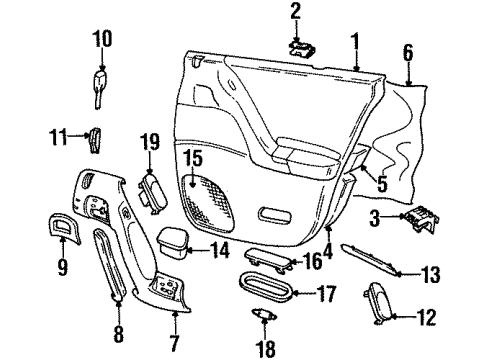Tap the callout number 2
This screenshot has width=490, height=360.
point(296,12)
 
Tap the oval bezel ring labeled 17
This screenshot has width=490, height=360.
point(266,295)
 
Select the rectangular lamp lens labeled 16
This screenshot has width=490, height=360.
point(264,261)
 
